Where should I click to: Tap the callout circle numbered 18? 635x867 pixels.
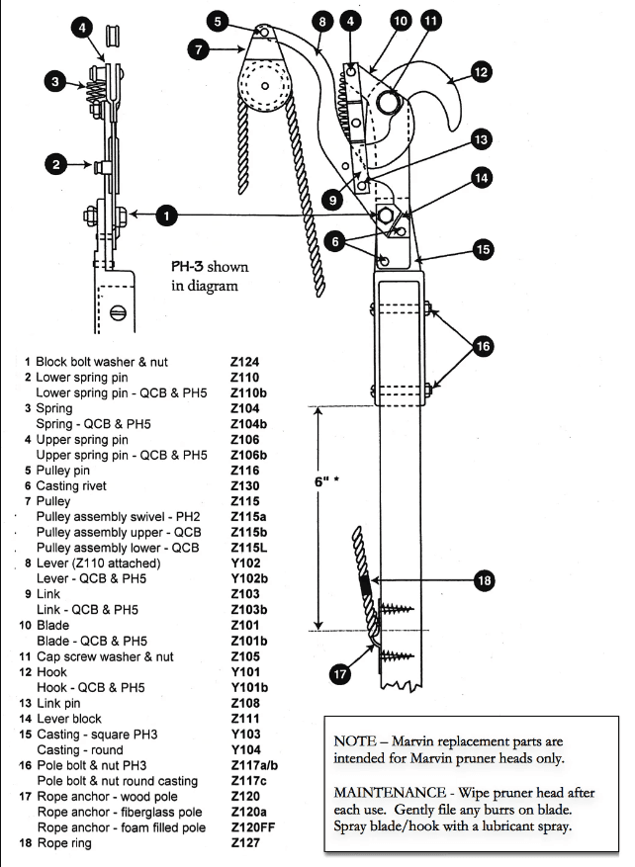[484, 581]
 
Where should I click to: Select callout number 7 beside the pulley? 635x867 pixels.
[198, 45]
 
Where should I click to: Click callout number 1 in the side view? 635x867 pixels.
[168, 214]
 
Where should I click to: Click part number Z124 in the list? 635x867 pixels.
[244, 362]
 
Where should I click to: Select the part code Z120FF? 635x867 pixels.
[252, 827]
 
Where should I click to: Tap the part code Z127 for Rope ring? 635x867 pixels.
[244, 843]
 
